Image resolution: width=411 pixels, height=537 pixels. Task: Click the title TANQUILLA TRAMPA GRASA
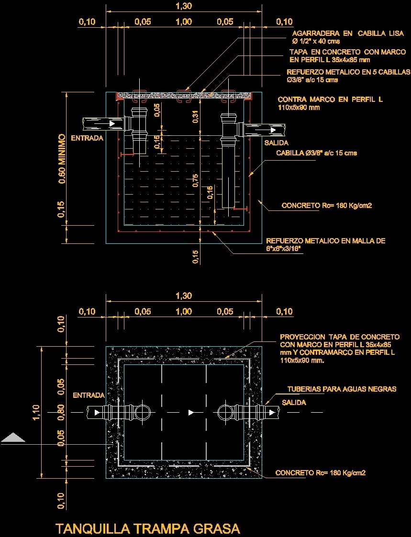click(147, 528)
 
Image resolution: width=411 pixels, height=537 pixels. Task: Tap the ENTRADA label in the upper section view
click(87, 138)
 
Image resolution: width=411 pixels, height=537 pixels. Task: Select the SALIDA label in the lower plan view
click(294, 403)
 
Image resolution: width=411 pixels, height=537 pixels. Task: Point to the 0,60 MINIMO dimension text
click(62, 159)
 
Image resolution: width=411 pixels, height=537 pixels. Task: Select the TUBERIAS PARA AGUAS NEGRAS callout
click(342, 389)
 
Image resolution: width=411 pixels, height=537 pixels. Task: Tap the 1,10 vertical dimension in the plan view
click(36, 412)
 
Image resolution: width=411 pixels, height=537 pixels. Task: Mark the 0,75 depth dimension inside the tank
click(195, 181)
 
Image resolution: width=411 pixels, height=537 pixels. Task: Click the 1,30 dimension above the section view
click(184, 6)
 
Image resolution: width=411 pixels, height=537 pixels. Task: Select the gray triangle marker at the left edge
click(13, 438)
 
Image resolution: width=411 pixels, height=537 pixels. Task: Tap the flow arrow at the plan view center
click(191, 412)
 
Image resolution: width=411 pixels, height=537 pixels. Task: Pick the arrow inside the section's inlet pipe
click(112, 124)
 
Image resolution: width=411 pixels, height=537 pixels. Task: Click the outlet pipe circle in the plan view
click(225, 412)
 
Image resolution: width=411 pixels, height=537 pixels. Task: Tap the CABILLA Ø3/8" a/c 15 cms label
click(316, 153)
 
